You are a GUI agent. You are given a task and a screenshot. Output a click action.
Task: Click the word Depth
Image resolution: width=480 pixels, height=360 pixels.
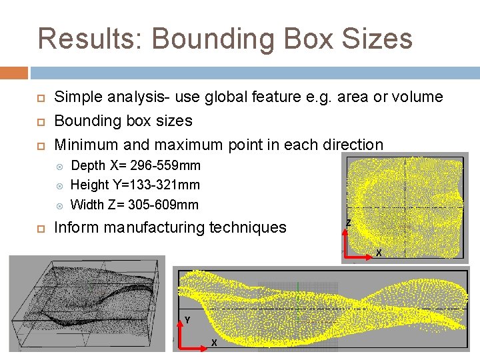click(x=87, y=165)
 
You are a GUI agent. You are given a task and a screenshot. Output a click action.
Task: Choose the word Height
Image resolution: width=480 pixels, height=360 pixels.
click(x=89, y=185)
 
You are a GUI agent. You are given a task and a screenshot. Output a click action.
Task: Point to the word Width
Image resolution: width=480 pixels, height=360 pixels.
click(x=87, y=204)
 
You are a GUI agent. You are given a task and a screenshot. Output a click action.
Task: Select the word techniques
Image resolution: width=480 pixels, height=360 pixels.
click(x=248, y=228)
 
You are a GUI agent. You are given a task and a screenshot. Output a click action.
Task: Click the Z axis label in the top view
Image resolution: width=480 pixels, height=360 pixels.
click(x=348, y=223)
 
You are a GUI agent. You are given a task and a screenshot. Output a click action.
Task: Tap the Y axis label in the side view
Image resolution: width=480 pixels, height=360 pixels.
click(x=187, y=320)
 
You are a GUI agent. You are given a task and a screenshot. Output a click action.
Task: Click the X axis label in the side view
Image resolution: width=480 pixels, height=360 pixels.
click(x=213, y=343)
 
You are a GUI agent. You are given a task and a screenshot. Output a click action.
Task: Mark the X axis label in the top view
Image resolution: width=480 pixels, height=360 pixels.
click(x=379, y=253)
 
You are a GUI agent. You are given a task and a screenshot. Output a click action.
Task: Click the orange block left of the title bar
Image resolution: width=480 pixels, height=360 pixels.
click(x=14, y=72)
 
